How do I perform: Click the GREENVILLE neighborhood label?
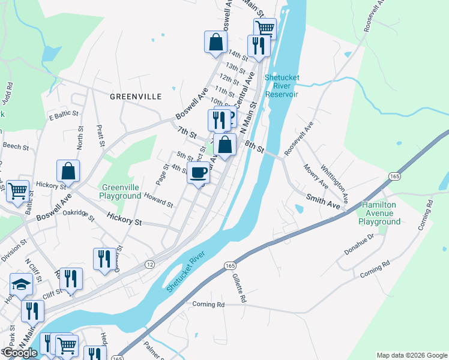(x=136, y=96)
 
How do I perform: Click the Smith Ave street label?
(x=323, y=201)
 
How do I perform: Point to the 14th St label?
(x=238, y=56)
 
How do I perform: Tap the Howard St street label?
(x=158, y=200)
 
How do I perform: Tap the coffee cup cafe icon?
(x=199, y=173)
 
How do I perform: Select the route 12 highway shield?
(x=149, y=265)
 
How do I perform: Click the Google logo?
(x=20, y=353)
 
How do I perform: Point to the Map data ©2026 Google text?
(x=411, y=355)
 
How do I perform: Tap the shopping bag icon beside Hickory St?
(x=68, y=170)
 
